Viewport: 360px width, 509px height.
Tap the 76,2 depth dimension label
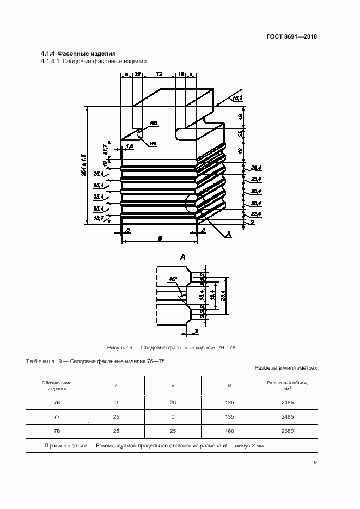(237, 99)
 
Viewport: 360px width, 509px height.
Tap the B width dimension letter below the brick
(158, 238)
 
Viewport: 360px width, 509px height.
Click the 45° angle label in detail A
(173, 279)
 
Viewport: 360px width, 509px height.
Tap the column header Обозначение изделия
(57, 386)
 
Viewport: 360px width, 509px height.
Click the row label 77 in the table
(57, 417)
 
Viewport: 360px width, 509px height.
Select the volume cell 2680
(287, 431)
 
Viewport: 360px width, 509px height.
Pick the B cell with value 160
(229, 431)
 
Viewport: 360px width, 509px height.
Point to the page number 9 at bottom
(315, 463)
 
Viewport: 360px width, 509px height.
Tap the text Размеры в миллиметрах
(286, 368)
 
